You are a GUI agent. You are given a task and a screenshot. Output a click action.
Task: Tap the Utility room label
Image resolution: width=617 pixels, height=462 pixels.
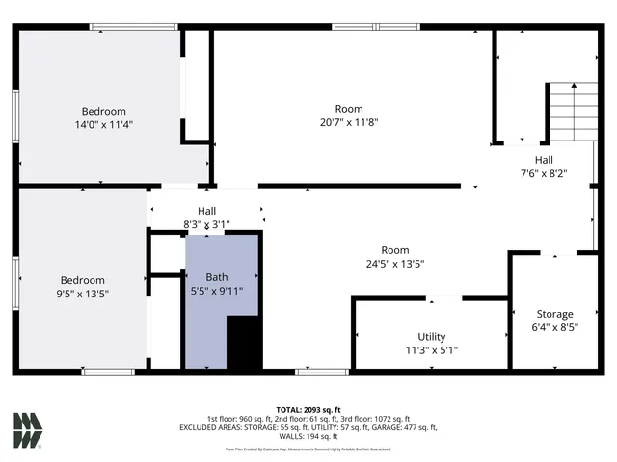[431, 336]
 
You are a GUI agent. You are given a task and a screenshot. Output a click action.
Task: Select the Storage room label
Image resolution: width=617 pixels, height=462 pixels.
[554, 314]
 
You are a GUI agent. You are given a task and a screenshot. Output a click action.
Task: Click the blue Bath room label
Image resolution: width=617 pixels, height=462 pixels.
[216, 277]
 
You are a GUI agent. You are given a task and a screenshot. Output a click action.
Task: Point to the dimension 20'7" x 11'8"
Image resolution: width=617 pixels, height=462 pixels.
[349, 122]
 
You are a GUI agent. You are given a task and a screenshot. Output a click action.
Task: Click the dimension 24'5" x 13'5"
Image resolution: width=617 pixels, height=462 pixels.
[395, 264]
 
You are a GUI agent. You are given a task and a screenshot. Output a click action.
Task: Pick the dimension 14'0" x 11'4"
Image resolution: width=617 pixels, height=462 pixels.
[103, 125]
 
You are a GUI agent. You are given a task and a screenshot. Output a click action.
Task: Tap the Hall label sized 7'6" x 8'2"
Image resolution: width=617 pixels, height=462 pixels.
[544, 174]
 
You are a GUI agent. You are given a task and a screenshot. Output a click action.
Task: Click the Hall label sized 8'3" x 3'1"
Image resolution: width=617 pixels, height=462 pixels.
[206, 225]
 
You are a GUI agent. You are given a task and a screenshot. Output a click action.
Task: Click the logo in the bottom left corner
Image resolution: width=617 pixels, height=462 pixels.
[29, 429]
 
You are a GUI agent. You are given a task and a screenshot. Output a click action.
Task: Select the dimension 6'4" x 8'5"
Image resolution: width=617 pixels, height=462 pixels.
[554, 327]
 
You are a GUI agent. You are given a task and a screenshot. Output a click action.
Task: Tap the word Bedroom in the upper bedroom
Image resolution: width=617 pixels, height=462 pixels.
[103, 112]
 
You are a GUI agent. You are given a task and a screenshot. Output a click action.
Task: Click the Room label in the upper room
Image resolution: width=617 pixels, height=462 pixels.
[349, 109]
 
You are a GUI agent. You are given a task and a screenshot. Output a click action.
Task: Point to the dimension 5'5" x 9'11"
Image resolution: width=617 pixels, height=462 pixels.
[217, 291]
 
